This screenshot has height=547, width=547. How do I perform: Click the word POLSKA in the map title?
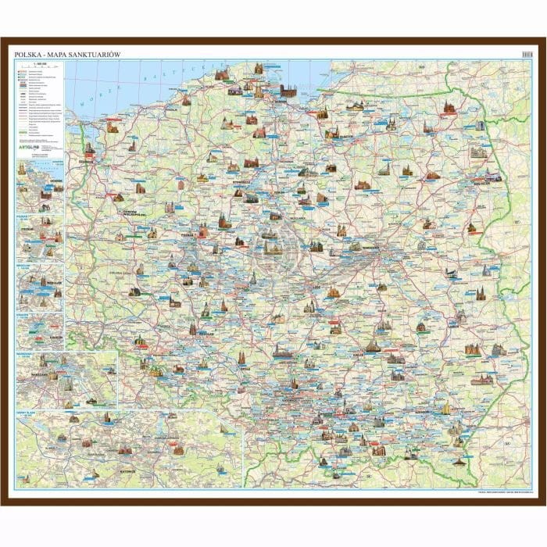(27, 55)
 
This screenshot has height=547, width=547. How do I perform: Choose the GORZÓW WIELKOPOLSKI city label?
(130, 213)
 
